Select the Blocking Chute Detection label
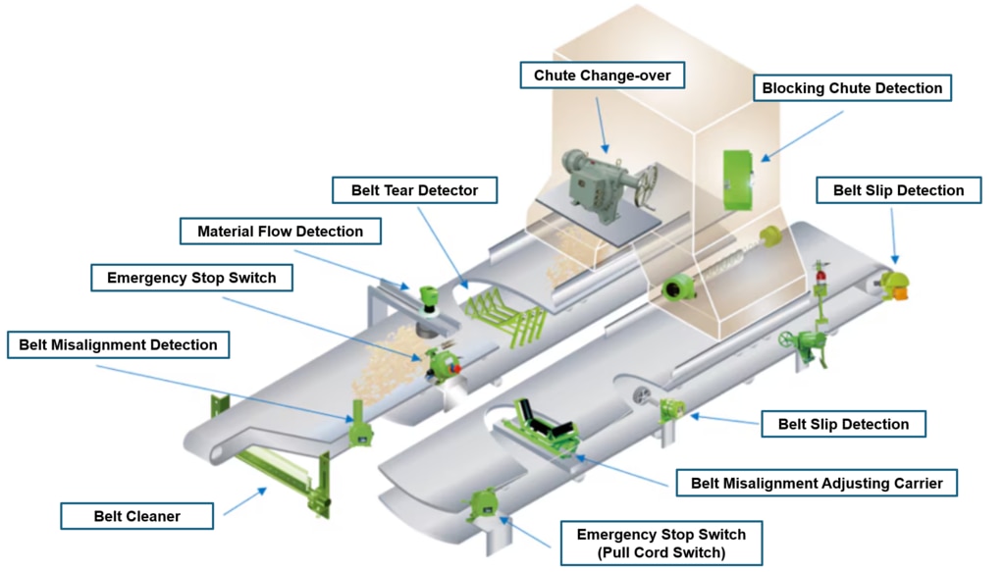click(852, 88)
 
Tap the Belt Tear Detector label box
click(414, 189)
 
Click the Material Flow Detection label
click(280, 232)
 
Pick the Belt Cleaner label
click(137, 516)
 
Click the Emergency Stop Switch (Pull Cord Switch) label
click(661, 544)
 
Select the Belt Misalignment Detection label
click(118, 345)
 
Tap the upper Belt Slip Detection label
click(898, 190)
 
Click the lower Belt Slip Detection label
click(843, 424)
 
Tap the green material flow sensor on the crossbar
click(427, 295)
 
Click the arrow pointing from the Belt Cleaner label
click(244, 500)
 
